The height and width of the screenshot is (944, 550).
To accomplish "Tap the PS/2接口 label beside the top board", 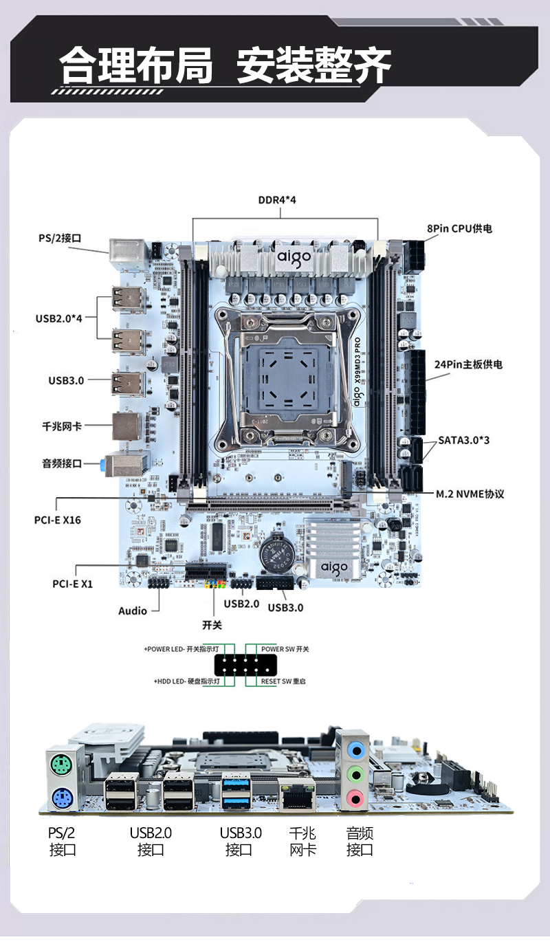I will [60, 239].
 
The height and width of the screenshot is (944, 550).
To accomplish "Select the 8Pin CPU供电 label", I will [459, 228].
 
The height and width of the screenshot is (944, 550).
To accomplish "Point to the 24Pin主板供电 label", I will [468, 364].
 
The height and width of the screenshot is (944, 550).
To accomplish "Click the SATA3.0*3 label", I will [464, 440].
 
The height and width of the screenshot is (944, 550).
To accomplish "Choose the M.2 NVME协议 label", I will [470, 494].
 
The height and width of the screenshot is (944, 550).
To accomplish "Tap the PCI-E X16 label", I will [58, 520].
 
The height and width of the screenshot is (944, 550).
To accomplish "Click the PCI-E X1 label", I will [73, 584].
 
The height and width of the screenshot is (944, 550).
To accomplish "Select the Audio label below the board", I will [133, 611].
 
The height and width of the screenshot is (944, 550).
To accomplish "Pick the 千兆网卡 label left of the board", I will [62, 426].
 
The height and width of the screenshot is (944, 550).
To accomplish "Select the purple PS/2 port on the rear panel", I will [59, 798].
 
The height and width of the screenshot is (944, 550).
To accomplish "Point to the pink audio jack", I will [355, 799].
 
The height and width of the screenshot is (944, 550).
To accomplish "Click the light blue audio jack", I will [355, 749].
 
